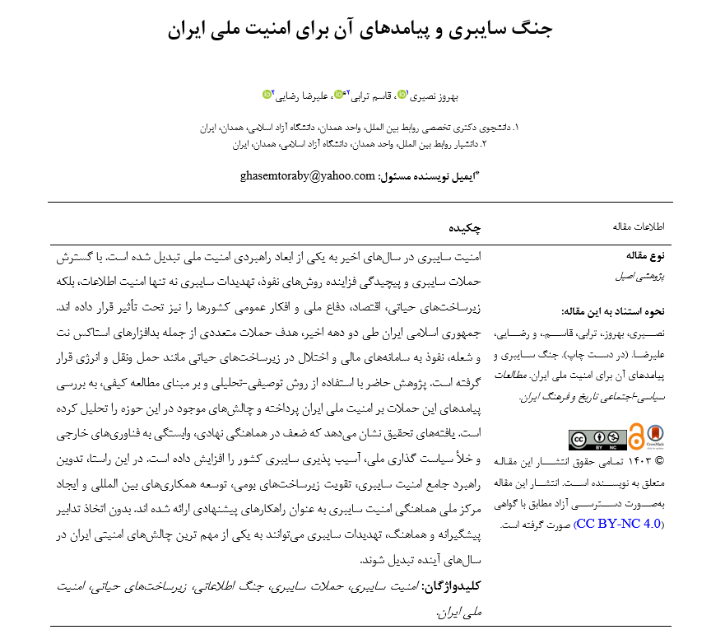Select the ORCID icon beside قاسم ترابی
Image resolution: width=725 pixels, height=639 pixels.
(338, 95)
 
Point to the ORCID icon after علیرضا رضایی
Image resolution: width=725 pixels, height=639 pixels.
(267, 95)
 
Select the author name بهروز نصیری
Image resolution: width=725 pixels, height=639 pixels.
(433, 96)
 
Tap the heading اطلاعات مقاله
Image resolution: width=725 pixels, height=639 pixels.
(639, 226)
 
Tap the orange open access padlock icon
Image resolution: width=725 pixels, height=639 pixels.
(636, 436)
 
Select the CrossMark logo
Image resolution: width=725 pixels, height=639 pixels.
(656, 436)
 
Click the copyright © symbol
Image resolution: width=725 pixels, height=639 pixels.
(658, 461)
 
